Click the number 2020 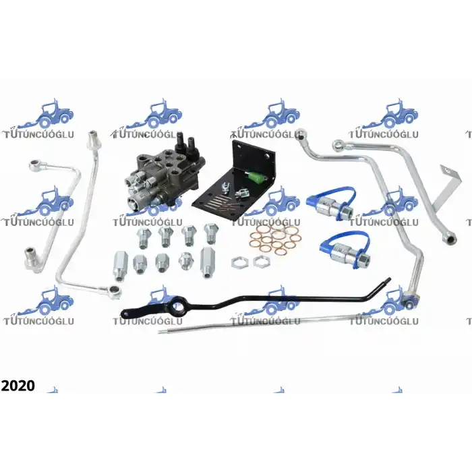pos(18,386)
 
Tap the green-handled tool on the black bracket pos(256,176)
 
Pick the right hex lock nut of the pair pos(261,262)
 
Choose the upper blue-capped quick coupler pos(331,203)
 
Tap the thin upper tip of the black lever pos(388,280)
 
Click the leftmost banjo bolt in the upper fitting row pos(144,238)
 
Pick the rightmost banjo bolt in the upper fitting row pos(211,233)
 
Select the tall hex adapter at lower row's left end pos(120,266)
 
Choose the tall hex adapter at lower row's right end pos(207,262)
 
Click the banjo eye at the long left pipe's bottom pos(115,291)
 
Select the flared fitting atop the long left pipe pos(92,140)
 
